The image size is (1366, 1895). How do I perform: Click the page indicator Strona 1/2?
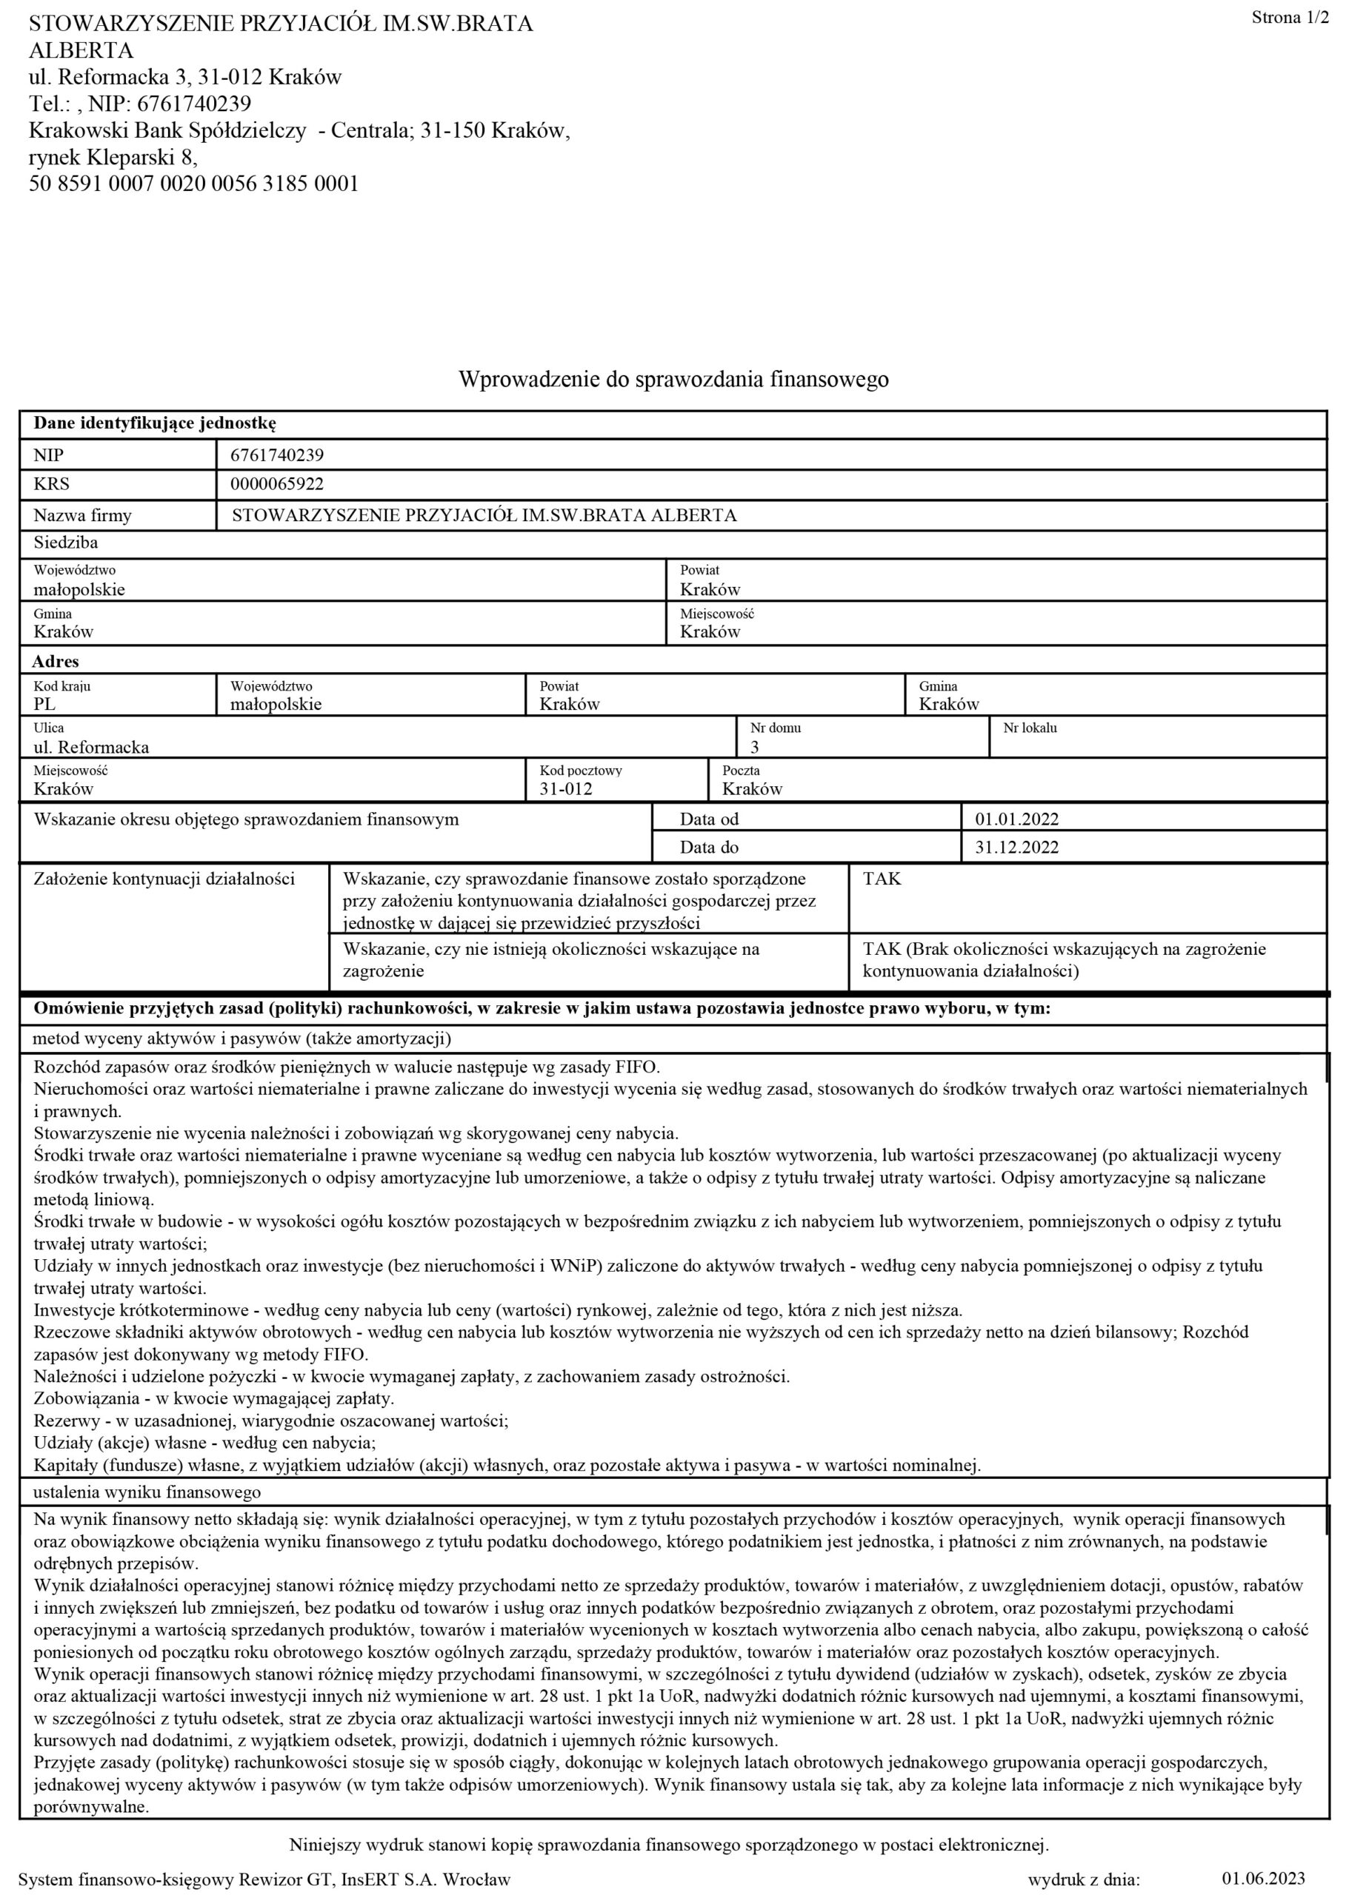tap(1289, 19)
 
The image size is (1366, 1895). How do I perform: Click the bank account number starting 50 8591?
tap(193, 184)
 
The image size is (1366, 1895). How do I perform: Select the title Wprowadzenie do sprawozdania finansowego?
tap(673, 379)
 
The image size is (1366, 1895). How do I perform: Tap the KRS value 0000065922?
tap(277, 484)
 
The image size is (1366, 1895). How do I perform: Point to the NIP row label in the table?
tap(48, 455)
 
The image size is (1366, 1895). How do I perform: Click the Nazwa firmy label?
tap(82, 515)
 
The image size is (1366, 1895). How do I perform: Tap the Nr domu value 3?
tap(754, 747)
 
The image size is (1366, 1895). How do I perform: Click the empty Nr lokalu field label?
tap(1029, 728)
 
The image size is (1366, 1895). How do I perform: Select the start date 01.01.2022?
tap(1016, 819)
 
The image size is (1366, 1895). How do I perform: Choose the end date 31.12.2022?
tap(1016, 848)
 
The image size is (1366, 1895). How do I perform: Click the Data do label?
tap(709, 848)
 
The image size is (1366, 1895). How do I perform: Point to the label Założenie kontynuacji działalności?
tap(164, 879)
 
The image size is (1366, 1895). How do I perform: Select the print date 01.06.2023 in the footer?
tap(1262, 1879)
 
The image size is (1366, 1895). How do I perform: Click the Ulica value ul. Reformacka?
tap(91, 747)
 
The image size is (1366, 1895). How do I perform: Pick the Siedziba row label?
tap(65, 543)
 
